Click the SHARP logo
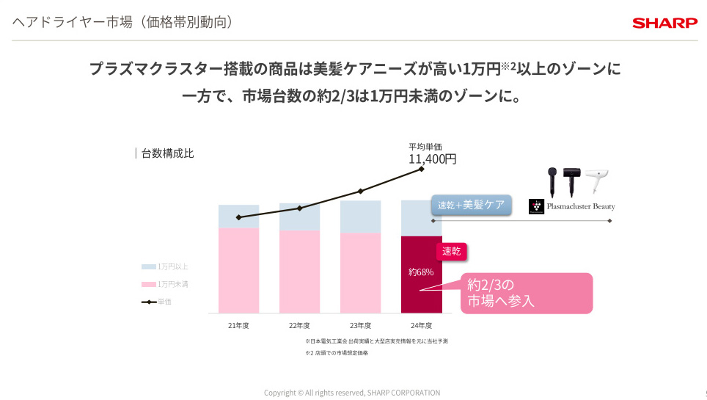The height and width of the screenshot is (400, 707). [665, 23]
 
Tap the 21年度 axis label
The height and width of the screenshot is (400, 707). [238, 325]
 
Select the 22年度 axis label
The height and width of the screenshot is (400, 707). [299, 325]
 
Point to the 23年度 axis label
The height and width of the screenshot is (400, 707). [360, 325]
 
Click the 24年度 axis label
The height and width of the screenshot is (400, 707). [421, 325]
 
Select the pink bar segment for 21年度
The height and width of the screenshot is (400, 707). [238, 270]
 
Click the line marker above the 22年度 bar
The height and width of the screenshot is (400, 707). [299, 208]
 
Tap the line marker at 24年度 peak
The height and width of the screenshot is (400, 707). [422, 169]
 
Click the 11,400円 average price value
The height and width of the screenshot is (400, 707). [432, 158]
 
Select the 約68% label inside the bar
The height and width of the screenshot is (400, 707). [421, 272]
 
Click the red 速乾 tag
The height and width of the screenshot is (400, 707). [452, 251]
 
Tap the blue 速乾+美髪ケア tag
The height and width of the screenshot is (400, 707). [471, 205]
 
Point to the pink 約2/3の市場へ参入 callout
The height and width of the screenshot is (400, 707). [525, 293]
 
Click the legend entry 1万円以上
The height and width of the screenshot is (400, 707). [172, 266]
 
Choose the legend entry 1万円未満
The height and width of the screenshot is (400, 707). [172, 284]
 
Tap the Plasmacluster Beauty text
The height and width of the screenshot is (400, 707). [581, 206]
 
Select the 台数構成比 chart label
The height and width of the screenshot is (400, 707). [167, 153]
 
